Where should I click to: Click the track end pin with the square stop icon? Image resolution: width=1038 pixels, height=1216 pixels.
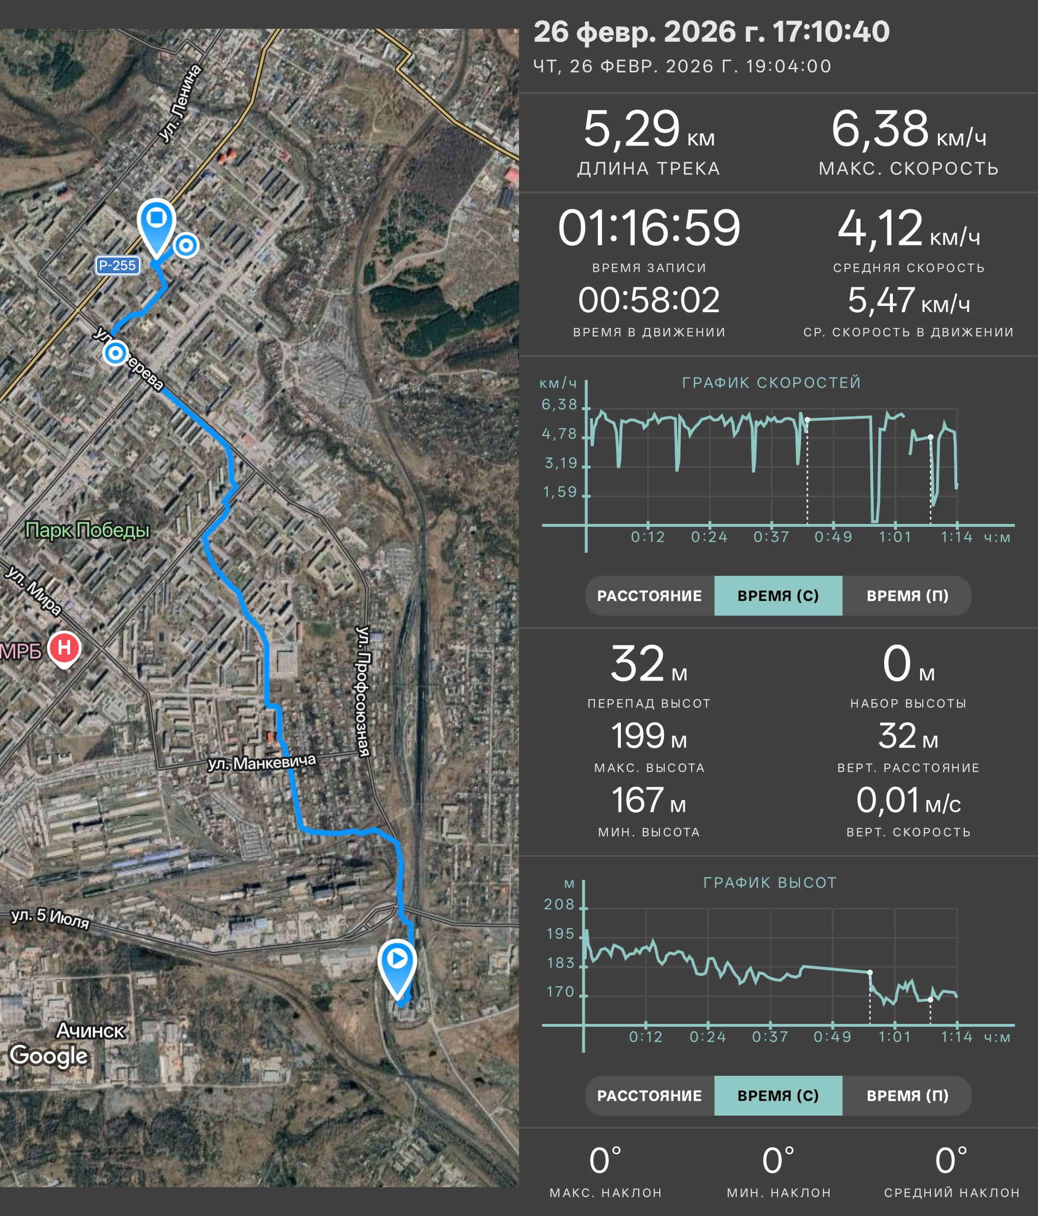click(156, 226)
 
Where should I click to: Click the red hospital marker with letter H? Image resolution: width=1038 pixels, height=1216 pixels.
click(64, 648)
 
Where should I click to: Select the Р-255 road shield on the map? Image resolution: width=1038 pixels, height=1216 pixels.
click(117, 265)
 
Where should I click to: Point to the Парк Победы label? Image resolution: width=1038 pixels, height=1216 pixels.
click(87, 530)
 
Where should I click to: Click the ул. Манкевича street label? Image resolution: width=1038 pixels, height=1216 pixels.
click(262, 762)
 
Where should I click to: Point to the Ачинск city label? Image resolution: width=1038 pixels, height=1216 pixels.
click(91, 1031)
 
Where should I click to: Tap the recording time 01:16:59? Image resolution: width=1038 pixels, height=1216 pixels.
click(649, 228)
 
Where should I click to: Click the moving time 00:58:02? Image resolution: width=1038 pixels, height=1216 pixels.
click(649, 301)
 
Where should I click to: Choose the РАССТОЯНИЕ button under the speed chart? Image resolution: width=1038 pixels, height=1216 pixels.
click(649, 596)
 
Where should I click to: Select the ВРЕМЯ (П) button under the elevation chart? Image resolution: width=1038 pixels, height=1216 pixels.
click(907, 1095)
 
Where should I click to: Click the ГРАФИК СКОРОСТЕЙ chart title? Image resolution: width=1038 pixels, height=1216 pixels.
click(771, 383)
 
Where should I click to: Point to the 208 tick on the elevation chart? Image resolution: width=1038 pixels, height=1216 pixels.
click(559, 904)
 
